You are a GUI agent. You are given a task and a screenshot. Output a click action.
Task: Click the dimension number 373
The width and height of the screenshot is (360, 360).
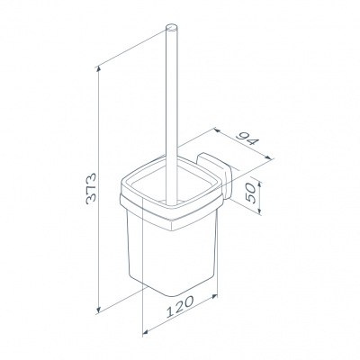91,188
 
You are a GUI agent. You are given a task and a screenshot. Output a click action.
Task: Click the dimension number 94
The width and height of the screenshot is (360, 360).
247,139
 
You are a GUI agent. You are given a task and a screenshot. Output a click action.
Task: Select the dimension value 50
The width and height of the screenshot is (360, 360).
250,193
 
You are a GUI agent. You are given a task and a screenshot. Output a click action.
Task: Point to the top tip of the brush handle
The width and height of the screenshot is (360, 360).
172,24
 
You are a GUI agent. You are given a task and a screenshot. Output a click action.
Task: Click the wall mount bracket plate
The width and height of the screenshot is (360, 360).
213,175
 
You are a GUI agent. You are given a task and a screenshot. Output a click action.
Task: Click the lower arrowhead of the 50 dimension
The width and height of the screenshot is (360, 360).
260,213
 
